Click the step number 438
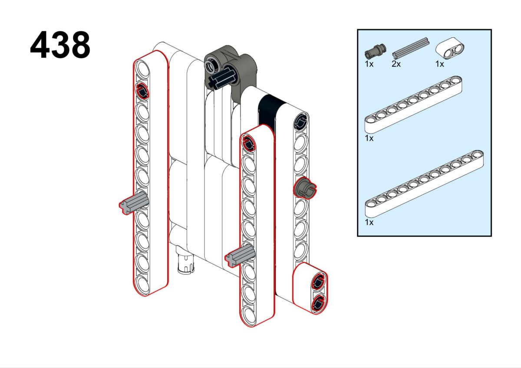(x=60, y=46)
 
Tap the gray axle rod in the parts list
(x=410, y=48)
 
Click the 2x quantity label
(x=396, y=64)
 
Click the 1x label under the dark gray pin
(x=369, y=64)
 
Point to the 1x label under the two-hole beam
(x=439, y=64)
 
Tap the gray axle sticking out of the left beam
(x=132, y=203)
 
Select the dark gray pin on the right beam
(x=305, y=187)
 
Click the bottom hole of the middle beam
(x=249, y=313)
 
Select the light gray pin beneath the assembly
(x=186, y=263)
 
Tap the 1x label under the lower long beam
(x=369, y=222)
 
